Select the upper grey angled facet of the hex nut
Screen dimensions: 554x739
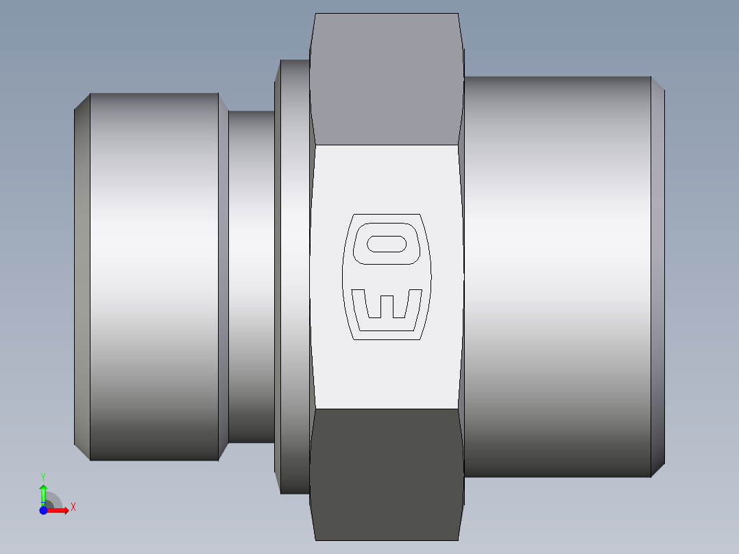click(386, 79)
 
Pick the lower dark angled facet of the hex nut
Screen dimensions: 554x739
click(386, 473)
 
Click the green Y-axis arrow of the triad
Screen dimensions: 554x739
click(43, 492)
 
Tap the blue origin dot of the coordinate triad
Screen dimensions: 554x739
click(43, 510)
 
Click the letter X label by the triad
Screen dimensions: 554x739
click(73, 507)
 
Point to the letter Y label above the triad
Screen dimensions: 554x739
click(43, 476)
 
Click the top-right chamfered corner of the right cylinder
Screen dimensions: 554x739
click(657, 84)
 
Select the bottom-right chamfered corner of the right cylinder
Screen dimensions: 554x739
click(657, 469)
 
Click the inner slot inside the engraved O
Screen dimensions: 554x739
click(387, 244)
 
